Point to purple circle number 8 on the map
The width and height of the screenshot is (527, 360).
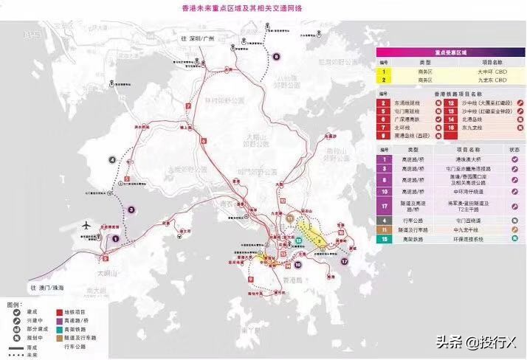point(276,56)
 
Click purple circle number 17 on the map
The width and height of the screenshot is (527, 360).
point(344,261)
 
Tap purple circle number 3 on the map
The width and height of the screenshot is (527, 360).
point(131,209)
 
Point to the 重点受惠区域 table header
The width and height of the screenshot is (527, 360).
point(449,53)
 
